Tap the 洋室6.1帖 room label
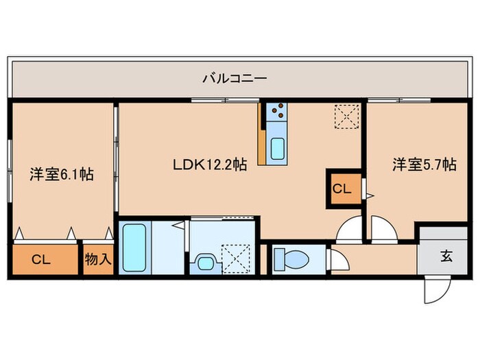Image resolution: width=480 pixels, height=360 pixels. (62, 174)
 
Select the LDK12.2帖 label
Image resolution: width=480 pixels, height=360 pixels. (209, 165)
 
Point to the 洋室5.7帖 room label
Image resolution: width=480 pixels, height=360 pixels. (424, 165)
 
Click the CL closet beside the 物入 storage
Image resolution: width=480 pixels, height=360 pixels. (43, 259)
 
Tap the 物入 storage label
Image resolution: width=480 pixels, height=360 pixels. (98, 259)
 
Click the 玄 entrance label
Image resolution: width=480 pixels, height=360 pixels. (446, 257)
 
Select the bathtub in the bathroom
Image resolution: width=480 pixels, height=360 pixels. (133, 247)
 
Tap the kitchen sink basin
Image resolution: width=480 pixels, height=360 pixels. (279, 148)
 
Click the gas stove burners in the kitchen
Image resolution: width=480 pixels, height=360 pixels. (278, 110)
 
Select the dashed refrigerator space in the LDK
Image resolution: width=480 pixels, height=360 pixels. (346, 116)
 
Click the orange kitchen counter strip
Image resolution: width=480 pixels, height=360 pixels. (261, 134)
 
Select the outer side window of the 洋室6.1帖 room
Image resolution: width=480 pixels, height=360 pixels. (10, 171)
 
